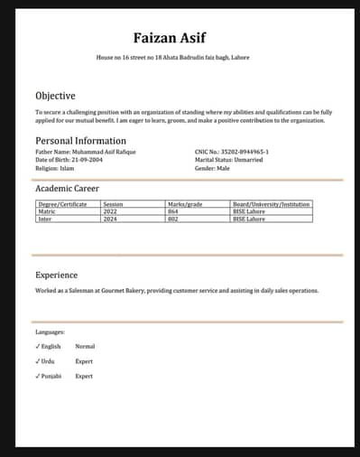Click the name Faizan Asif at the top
click(x=169, y=37)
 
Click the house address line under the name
click(x=172, y=58)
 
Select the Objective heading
click(x=55, y=95)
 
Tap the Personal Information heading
click(x=80, y=141)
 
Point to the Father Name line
click(x=76, y=152)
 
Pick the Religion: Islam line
click(x=55, y=168)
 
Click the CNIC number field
click(x=231, y=152)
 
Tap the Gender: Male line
click(x=212, y=168)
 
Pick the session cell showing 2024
click(x=111, y=219)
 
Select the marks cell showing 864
click(x=173, y=211)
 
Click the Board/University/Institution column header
click(x=271, y=204)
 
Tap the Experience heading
click(x=56, y=275)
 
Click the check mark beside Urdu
click(x=38, y=360)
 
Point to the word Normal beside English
click(x=85, y=346)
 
